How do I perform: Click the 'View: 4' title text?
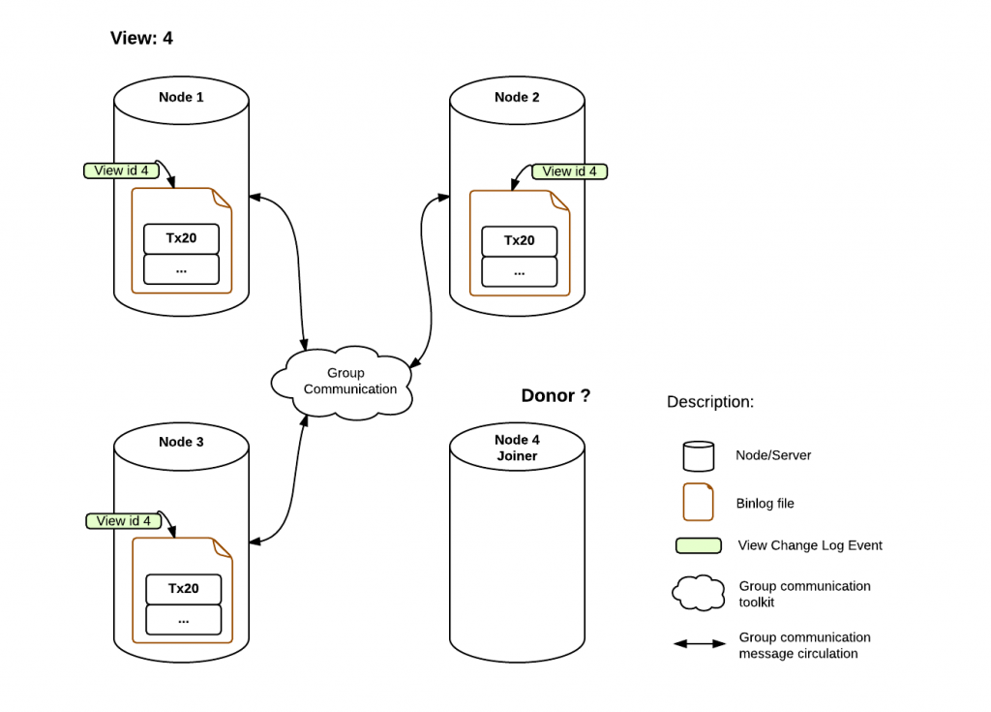click(141, 38)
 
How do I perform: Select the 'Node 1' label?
click(181, 97)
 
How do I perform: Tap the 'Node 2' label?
click(517, 97)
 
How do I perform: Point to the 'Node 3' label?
click(181, 442)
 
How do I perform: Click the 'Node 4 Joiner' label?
click(517, 448)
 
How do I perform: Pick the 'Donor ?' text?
click(556, 395)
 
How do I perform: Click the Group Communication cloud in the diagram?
click(342, 383)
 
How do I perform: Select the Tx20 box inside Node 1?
click(181, 238)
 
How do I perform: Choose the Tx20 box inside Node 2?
click(520, 241)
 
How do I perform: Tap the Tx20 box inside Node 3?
click(183, 589)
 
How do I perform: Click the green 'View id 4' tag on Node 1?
click(121, 170)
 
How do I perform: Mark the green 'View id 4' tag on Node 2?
click(569, 171)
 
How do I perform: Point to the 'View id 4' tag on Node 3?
click(123, 521)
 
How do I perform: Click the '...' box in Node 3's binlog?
click(183, 620)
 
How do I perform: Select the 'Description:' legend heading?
click(710, 402)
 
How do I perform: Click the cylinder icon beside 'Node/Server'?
click(699, 456)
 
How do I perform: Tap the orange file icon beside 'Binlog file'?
click(699, 503)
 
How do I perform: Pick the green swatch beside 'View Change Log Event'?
click(699, 545)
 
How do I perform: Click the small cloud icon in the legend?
click(699, 593)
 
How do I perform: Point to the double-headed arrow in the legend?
click(700, 643)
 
